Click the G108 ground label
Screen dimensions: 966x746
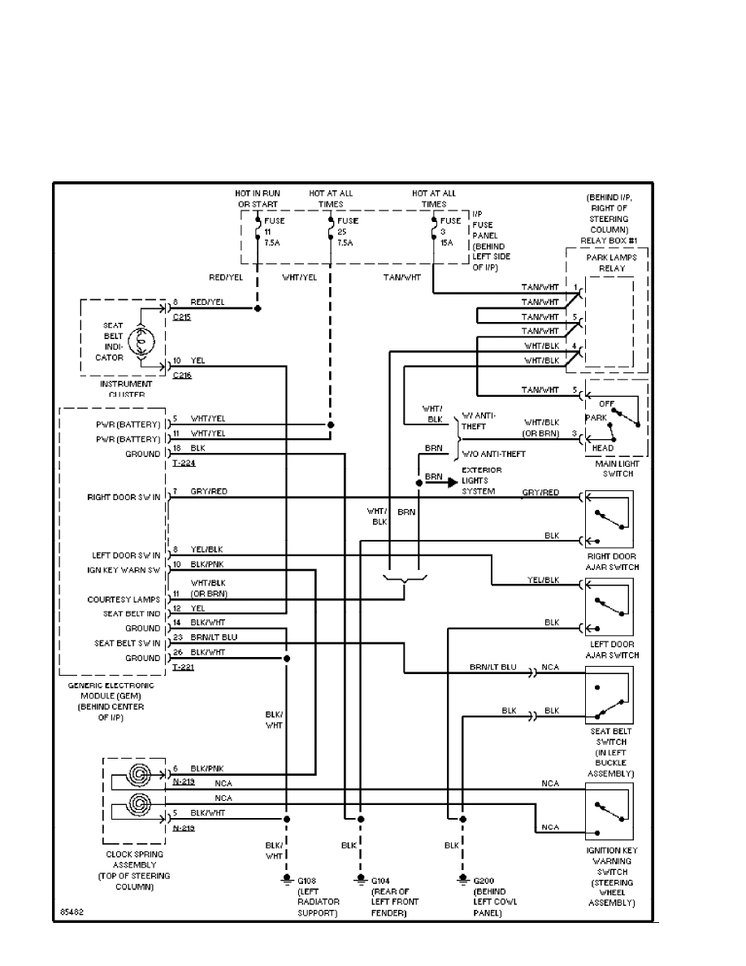point(307,881)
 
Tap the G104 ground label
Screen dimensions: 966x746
point(380,881)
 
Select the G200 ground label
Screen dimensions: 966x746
point(484,881)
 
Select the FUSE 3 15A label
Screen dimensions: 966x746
point(450,231)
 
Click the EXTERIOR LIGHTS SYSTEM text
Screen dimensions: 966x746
point(482,481)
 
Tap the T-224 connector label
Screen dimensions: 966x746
point(184,462)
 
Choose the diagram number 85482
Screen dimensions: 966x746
point(72,912)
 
